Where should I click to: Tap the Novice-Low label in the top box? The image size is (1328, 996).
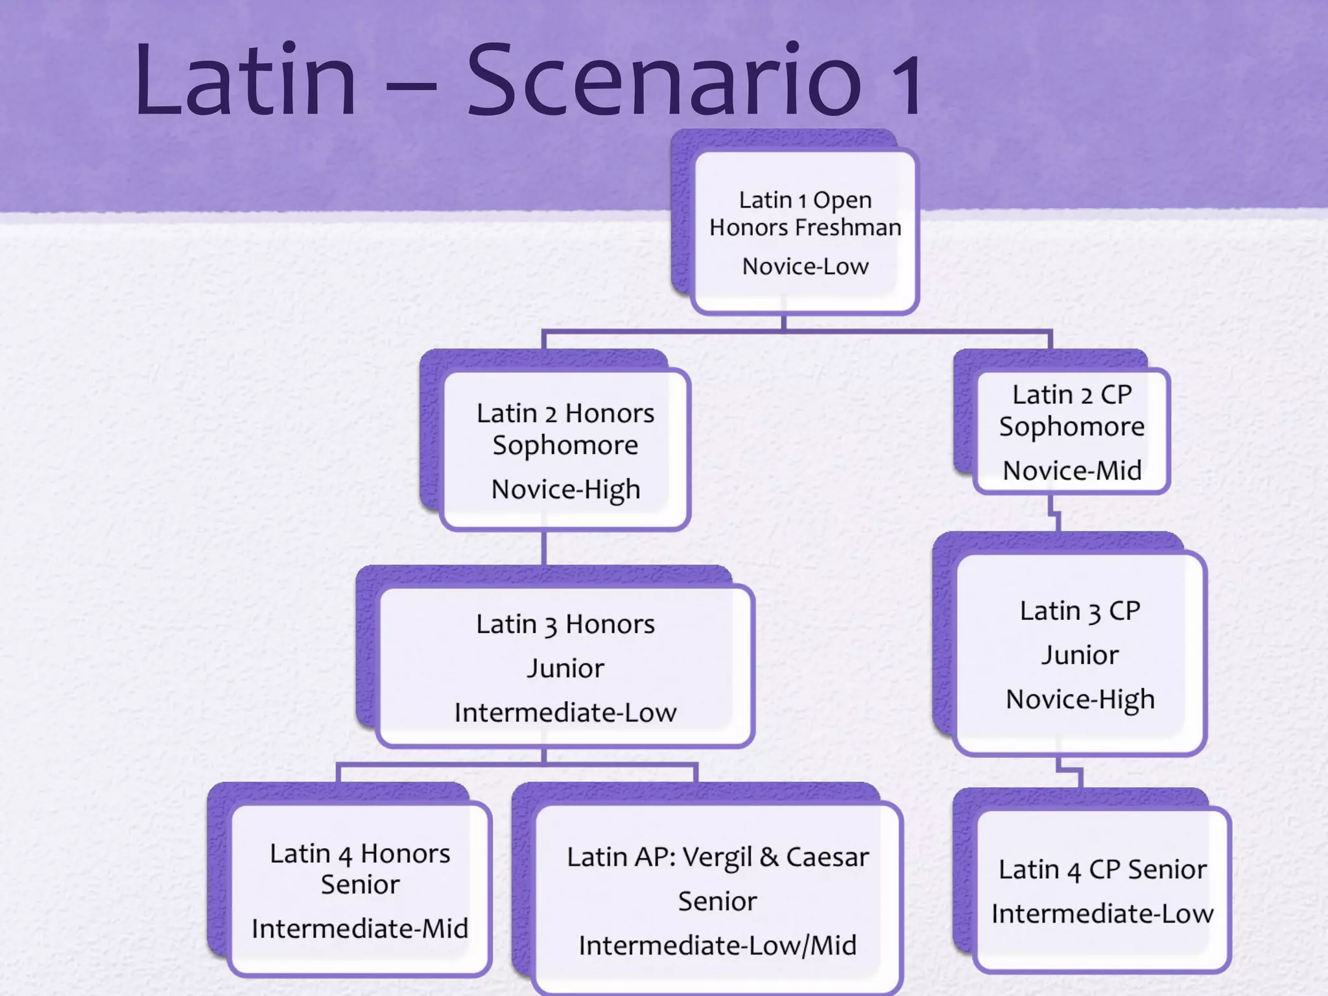click(805, 267)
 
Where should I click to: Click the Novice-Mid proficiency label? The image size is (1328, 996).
click(1072, 471)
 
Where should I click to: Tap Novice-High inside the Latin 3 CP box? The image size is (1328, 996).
click(1080, 700)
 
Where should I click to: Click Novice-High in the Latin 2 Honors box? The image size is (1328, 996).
click(565, 490)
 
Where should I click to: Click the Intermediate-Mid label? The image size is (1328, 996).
click(360, 929)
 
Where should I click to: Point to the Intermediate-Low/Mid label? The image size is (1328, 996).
click(717, 945)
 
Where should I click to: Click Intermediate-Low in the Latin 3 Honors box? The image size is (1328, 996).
click(565, 713)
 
